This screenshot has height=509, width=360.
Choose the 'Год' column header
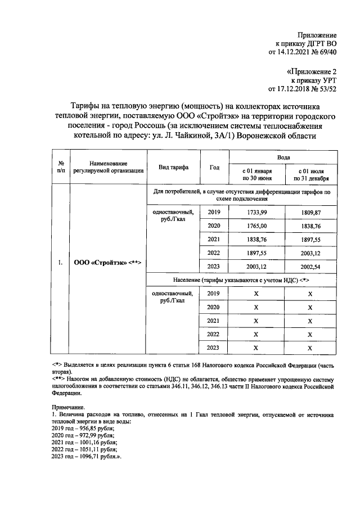pyautogui.click(x=214, y=168)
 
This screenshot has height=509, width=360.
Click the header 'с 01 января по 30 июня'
pyautogui.click(x=256, y=174)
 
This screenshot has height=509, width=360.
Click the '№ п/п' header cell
pyautogui.click(x=60, y=168)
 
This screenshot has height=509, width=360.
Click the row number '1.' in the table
pyautogui.click(x=60, y=263)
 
